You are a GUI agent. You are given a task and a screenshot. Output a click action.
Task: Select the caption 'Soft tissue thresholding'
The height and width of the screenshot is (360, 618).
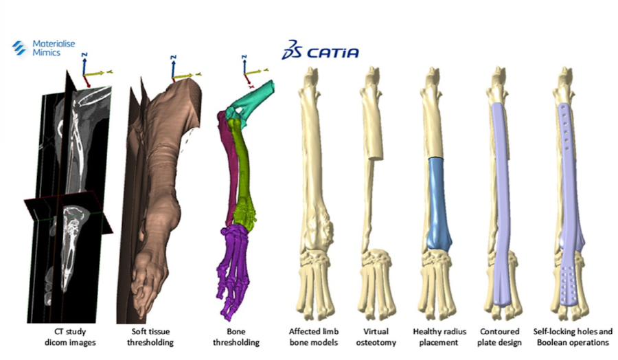(x=152, y=337)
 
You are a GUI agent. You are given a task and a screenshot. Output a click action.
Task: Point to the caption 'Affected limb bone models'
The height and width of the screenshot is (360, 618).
(x=312, y=337)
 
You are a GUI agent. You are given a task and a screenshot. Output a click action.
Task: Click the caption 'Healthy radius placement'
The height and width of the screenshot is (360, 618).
(x=439, y=337)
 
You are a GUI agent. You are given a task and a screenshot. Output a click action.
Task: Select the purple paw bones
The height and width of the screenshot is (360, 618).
(x=235, y=261)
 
